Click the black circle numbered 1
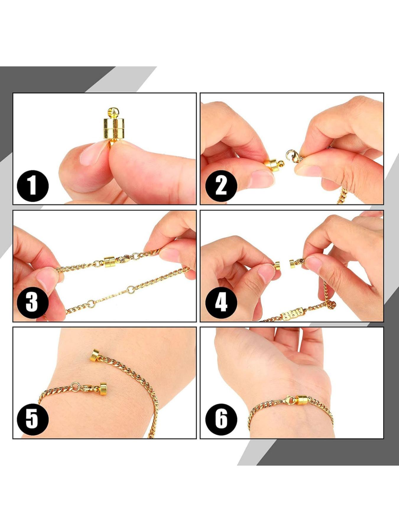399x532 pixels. click(x=33, y=186)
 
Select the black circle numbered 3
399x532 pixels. click(x=33, y=302)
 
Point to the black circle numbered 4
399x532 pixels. click(x=221, y=302)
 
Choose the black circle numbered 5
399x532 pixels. click(x=33, y=419)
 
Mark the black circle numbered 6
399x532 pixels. click(x=221, y=419)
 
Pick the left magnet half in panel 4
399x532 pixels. click(x=277, y=265)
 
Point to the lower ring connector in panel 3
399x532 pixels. click(x=91, y=303)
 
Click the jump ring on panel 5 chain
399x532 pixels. click(x=75, y=386)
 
